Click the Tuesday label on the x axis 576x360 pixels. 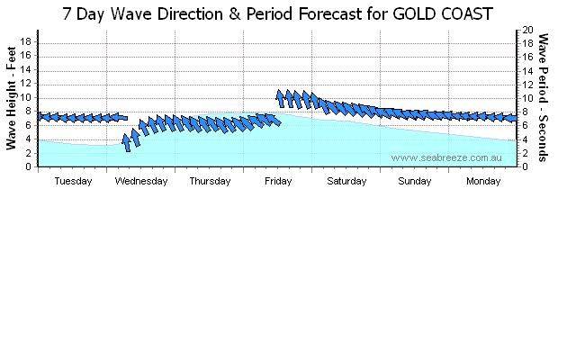(x=73, y=181)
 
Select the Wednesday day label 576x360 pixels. (x=141, y=181)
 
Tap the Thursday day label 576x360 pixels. (x=210, y=181)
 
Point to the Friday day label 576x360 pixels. (x=278, y=181)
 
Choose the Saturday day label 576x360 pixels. (x=346, y=181)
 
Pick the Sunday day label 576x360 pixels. (x=415, y=181)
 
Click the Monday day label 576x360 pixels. (x=483, y=181)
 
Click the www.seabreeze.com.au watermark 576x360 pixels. (x=445, y=157)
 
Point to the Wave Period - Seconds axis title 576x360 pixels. (x=544, y=98)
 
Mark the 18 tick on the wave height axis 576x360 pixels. (x=27, y=41)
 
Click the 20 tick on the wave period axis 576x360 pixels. (x=530, y=30)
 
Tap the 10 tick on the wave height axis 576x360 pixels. (x=27, y=97)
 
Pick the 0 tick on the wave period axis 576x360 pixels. (x=527, y=166)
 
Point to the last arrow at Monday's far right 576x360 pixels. (x=511, y=118)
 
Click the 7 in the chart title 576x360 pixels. (x=69, y=14)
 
